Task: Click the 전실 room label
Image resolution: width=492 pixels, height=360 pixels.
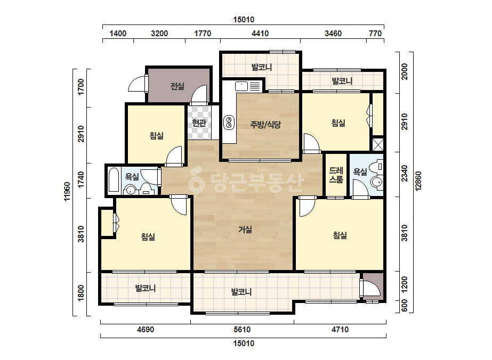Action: coord(178,86)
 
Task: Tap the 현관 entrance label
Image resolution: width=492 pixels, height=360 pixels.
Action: coord(199,122)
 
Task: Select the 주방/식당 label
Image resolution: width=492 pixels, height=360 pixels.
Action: coord(265,125)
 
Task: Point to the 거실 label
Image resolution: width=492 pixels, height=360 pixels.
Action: coord(245,230)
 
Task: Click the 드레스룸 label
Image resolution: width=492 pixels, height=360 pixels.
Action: coord(336,175)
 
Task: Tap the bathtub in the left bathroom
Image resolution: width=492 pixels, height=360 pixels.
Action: coord(114,179)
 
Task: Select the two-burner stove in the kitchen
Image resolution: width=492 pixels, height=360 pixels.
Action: coord(229,122)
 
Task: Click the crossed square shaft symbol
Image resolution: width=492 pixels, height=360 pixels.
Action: coord(378,144)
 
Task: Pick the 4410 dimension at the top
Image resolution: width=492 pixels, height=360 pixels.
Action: coord(260,33)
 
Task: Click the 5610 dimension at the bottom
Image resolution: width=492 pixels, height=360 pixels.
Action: coord(242,330)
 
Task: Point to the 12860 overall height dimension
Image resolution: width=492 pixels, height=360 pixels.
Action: coord(418,181)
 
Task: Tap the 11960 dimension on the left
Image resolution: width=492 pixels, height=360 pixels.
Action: coord(67,191)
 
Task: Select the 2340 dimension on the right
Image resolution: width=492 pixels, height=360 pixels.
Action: coord(405,174)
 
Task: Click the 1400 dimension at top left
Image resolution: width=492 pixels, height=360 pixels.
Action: coord(118,33)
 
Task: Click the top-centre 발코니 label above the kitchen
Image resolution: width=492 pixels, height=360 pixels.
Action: coord(262,67)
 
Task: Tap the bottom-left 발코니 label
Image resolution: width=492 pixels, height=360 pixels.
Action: coord(146,288)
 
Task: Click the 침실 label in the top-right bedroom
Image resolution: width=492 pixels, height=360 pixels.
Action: coord(338,122)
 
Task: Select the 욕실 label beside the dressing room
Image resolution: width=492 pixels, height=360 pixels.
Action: coord(360,171)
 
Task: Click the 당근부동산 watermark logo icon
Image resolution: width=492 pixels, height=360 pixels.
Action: coord(196,181)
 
